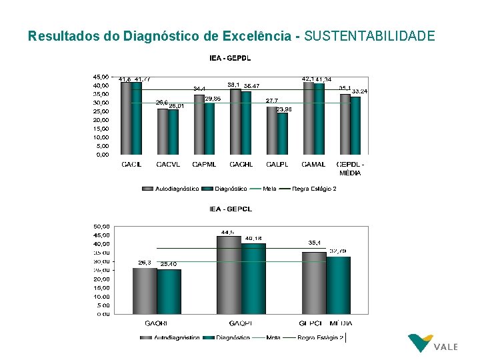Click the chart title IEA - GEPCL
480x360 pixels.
(231, 209)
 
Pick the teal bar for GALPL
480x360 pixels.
(283, 133)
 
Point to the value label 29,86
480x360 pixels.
(213, 99)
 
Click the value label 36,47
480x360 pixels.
(252, 86)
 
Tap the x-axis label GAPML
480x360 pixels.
(203, 164)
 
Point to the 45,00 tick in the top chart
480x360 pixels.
(100, 77)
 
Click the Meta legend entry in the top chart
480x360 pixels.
(269, 189)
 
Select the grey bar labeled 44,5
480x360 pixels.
(228, 275)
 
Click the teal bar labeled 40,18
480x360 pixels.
(253, 279)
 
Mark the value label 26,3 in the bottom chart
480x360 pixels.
(145, 263)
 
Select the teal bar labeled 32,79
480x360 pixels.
(338, 285)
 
